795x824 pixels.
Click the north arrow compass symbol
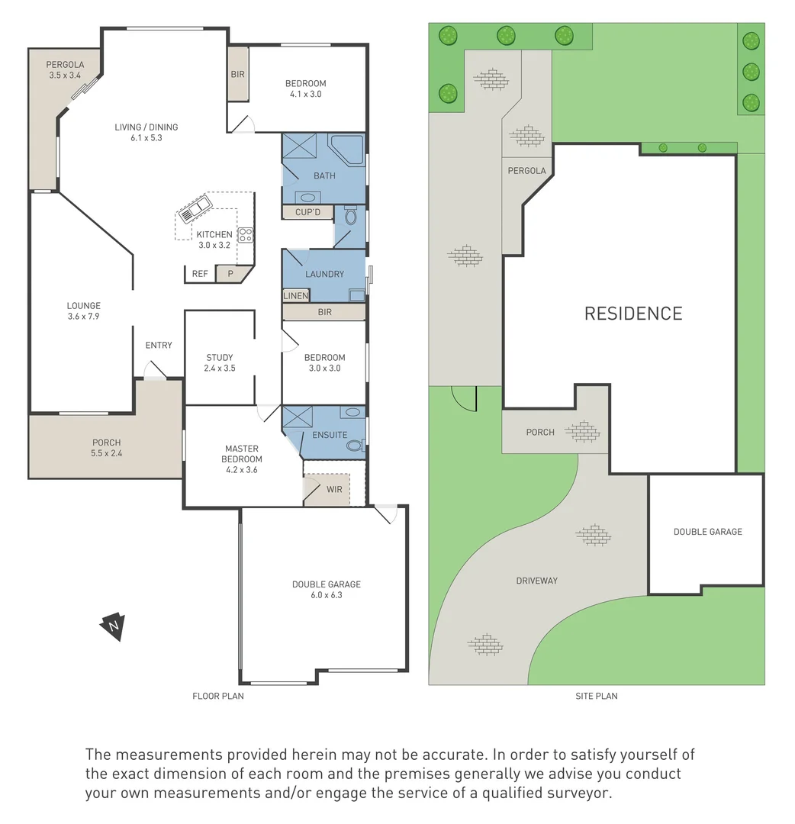point(113,626)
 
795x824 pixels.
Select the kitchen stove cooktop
point(246,235)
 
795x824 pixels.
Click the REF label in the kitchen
point(200,274)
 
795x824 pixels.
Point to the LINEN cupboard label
point(296,296)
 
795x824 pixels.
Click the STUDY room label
point(220,357)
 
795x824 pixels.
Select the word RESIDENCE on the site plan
point(633,314)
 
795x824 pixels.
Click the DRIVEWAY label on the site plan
point(536,581)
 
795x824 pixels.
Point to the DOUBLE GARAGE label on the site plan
point(707,532)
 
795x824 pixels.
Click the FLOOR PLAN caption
point(218,696)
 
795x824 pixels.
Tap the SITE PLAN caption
point(597,696)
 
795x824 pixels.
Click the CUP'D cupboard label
point(307,212)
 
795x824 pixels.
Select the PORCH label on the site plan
point(540,432)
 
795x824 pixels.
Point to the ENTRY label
point(159,346)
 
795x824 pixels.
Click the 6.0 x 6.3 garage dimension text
point(327,595)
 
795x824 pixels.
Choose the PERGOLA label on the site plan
point(527,171)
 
